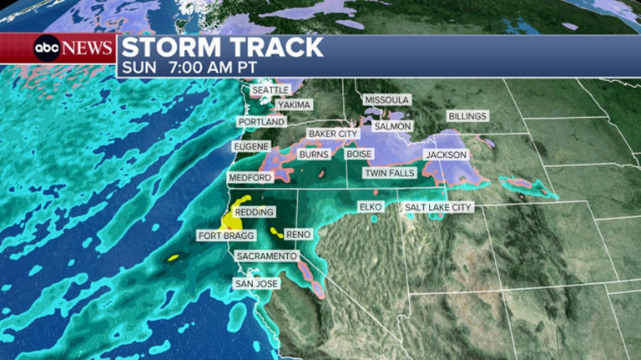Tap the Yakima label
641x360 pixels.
tap(295, 105)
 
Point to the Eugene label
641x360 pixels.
tap(252, 147)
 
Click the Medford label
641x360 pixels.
tap(250, 179)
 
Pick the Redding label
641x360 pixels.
tap(254, 213)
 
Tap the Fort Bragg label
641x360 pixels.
tap(225, 236)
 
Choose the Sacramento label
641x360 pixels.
tap(265, 256)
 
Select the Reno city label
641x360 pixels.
tap(298, 235)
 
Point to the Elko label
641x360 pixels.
tap(370, 206)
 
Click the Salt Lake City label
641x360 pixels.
tap(438, 207)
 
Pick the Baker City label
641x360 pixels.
tap(333, 134)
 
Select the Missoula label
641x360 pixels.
tap(387, 100)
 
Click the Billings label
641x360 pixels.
tap(467, 116)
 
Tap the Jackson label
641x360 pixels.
tap(446, 155)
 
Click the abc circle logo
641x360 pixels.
tap(46, 48)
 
